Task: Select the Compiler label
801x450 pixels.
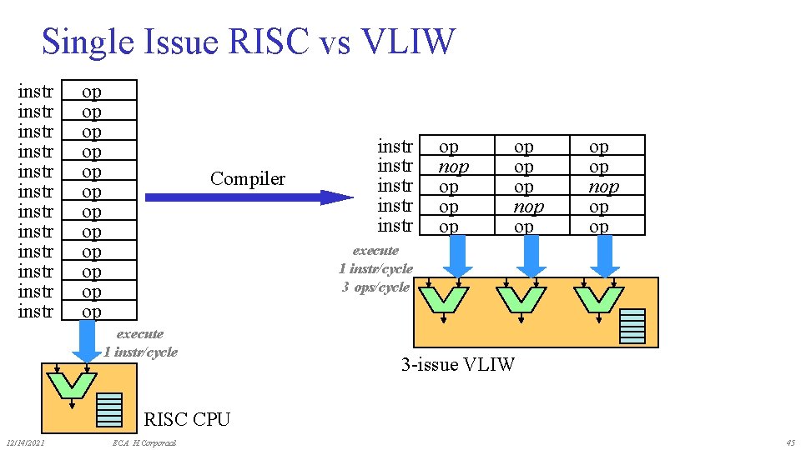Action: tap(248, 178)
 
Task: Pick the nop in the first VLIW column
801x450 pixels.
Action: tap(453, 167)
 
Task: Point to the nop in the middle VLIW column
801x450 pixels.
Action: tap(528, 207)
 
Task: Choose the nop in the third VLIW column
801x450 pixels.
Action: tap(603, 187)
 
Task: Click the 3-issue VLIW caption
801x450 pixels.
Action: tap(458, 364)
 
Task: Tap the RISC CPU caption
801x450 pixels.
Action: tap(187, 418)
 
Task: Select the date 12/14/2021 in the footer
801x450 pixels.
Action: tap(25, 442)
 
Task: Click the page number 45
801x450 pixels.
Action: tap(789, 442)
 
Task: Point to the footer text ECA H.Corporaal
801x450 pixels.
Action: tap(144, 442)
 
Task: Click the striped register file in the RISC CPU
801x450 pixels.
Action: tap(109, 407)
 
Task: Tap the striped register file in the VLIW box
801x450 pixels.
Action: tap(632, 326)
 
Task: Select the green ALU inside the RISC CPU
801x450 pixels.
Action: tap(72, 385)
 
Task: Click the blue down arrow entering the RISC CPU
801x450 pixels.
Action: tap(87, 341)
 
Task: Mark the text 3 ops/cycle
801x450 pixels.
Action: tap(375, 287)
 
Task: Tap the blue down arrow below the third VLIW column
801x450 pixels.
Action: tap(605, 256)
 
